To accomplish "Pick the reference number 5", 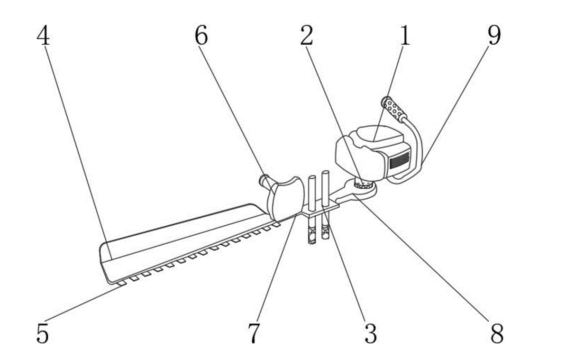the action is click(43, 333).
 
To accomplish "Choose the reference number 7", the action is click(255, 333).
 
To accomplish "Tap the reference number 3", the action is click(370, 333).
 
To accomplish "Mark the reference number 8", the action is click(496, 333).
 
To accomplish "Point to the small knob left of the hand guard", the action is click(263, 181).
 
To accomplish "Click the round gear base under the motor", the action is click(364, 188).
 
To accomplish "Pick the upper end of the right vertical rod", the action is click(326, 175).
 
